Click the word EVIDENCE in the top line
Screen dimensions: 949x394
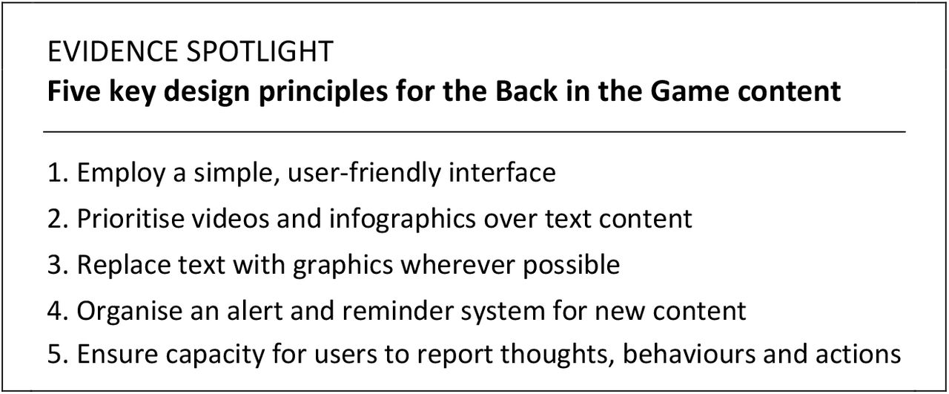tap(113, 52)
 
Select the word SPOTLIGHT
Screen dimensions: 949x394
tap(259, 52)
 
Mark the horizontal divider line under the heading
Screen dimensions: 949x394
tap(474, 132)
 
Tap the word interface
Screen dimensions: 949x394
tap(503, 172)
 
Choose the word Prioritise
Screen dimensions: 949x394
tap(130, 218)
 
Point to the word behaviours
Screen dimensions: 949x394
tap(689, 354)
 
